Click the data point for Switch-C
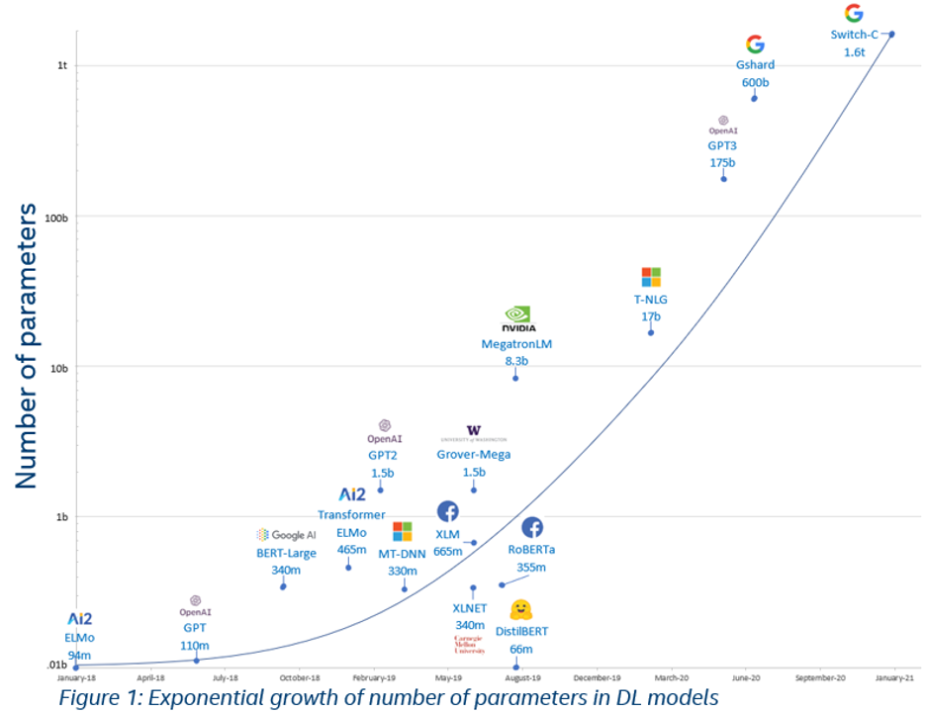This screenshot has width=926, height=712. click(891, 34)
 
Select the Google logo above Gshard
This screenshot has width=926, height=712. click(755, 44)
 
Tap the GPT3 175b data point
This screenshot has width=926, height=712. click(723, 178)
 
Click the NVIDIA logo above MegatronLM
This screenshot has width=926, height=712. click(518, 319)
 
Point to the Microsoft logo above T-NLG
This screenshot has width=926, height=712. click(650, 277)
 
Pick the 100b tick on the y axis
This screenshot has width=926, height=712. click(61, 217)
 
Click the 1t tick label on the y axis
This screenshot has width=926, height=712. click(62, 65)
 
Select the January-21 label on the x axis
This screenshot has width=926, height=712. click(894, 678)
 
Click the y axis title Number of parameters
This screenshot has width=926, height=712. click(27, 345)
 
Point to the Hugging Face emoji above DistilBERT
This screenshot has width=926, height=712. click(521, 610)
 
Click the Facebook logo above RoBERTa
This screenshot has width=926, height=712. click(531, 527)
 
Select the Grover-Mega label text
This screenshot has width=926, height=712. click(473, 455)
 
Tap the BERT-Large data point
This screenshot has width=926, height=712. click(283, 586)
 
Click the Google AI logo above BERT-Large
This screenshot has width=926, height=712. click(286, 535)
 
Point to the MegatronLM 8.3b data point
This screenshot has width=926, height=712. click(515, 378)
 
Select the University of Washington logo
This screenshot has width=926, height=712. click(473, 433)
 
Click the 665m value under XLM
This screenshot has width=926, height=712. click(448, 551)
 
